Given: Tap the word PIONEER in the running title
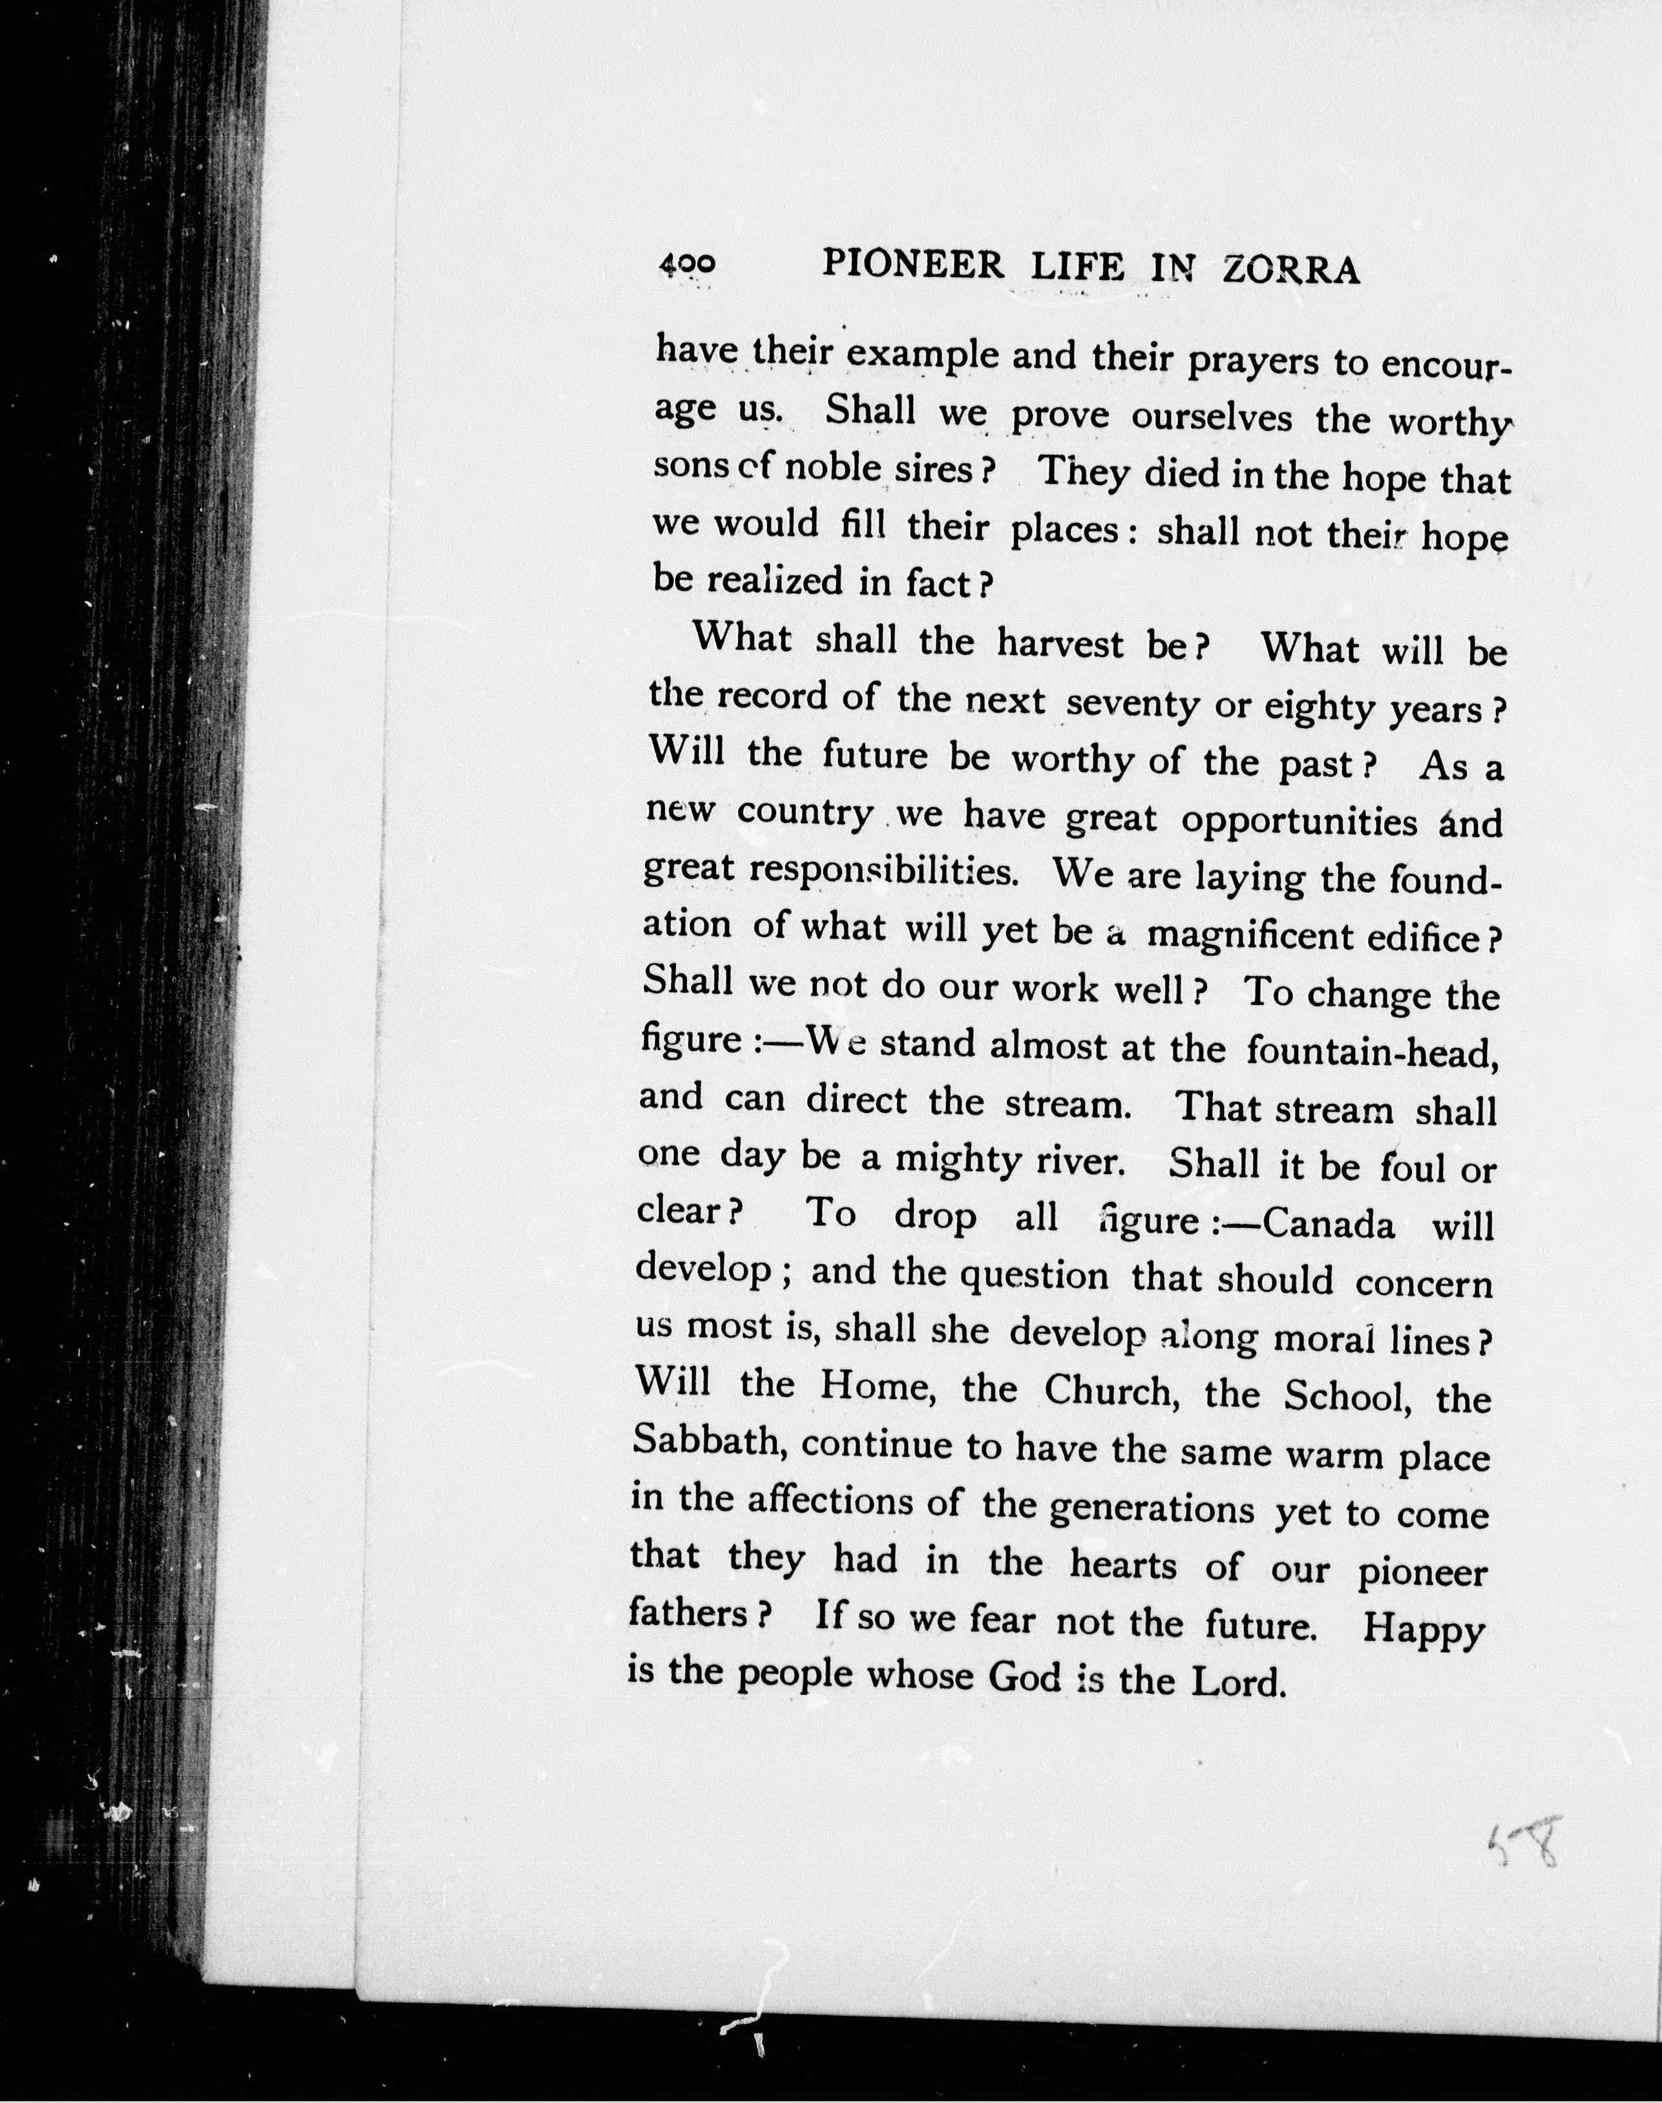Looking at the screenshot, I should click(x=912, y=265).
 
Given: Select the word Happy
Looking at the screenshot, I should click(x=1423, y=1630).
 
